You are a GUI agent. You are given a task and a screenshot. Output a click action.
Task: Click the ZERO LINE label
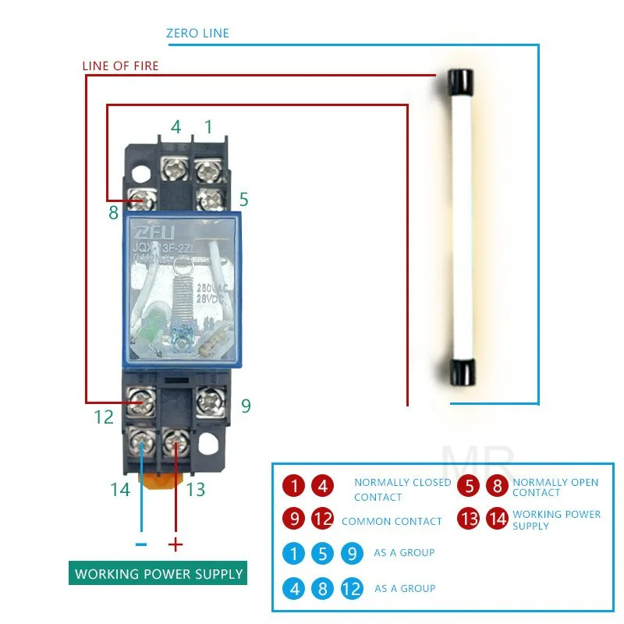click(197, 34)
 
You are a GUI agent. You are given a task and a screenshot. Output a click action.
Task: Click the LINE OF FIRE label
click(120, 66)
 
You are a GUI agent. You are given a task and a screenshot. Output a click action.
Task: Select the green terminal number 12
click(104, 417)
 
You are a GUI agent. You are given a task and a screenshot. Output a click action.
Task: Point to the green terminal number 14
click(119, 490)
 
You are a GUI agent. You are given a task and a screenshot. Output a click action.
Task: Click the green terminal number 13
click(195, 490)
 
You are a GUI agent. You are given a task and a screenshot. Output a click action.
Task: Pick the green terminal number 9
click(246, 406)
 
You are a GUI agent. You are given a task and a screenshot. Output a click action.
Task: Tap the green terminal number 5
click(243, 200)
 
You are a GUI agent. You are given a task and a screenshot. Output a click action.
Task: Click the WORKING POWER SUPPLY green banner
click(159, 574)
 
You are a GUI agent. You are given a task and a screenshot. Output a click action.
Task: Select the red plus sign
click(176, 544)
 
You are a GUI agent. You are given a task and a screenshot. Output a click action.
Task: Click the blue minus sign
click(141, 544)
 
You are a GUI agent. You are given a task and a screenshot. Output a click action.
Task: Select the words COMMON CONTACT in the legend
click(392, 521)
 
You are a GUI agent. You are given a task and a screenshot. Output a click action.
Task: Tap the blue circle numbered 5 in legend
click(323, 553)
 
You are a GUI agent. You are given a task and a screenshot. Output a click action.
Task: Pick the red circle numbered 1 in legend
click(294, 486)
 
